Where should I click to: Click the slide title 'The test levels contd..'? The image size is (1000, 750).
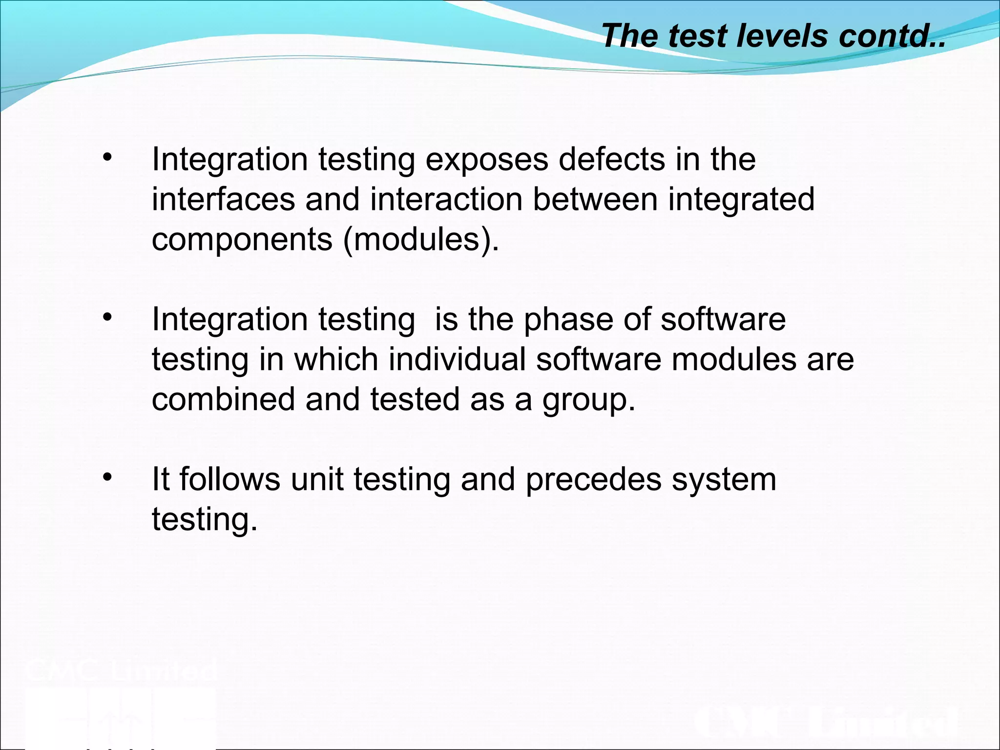pyautogui.click(x=773, y=36)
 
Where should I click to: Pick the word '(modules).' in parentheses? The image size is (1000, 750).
pyautogui.click(x=421, y=240)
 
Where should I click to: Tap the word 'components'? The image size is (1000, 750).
pyautogui.click(x=242, y=240)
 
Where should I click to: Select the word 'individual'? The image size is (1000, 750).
pyautogui.click(x=458, y=359)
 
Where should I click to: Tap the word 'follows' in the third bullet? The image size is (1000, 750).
pyautogui.click(x=230, y=479)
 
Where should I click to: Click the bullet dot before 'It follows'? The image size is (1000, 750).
pyautogui.click(x=107, y=477)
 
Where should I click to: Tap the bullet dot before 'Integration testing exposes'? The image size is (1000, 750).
pyautogui.click(x=107, y=157)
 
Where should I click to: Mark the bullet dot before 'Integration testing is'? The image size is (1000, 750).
pyautogui.click(x=107, y=317)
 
